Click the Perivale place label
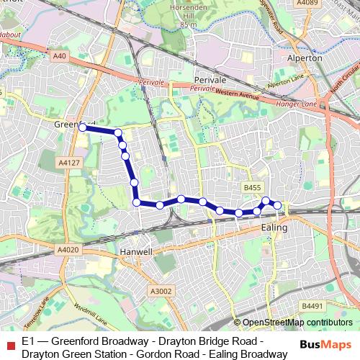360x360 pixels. click(x=211, y=80)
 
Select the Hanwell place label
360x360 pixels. click(x=138, y=253)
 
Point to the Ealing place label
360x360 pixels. click(x=274, y=228)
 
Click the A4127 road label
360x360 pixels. click(x=68, y=163)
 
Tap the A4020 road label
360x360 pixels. click(x=66, y=250)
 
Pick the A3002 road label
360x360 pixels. click(x=161, y=290)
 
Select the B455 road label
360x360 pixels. click(x=251, y=187)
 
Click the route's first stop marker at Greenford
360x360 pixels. click(x=82, y=127)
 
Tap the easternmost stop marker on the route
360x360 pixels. click(x=277, y=205)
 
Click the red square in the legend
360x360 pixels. click(x=9, y=343)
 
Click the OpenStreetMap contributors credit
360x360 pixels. click(x=297, y=323)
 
